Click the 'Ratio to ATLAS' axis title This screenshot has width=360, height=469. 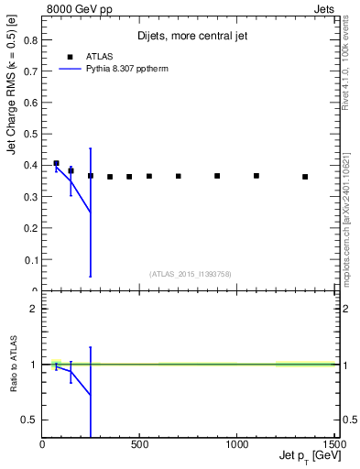point(14,364)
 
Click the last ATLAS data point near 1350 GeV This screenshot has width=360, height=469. point(305,177)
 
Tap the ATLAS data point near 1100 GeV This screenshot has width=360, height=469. point(256,176)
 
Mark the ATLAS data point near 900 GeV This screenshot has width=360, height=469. point(217,176)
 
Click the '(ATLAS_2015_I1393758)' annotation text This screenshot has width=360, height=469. point(189,273)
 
